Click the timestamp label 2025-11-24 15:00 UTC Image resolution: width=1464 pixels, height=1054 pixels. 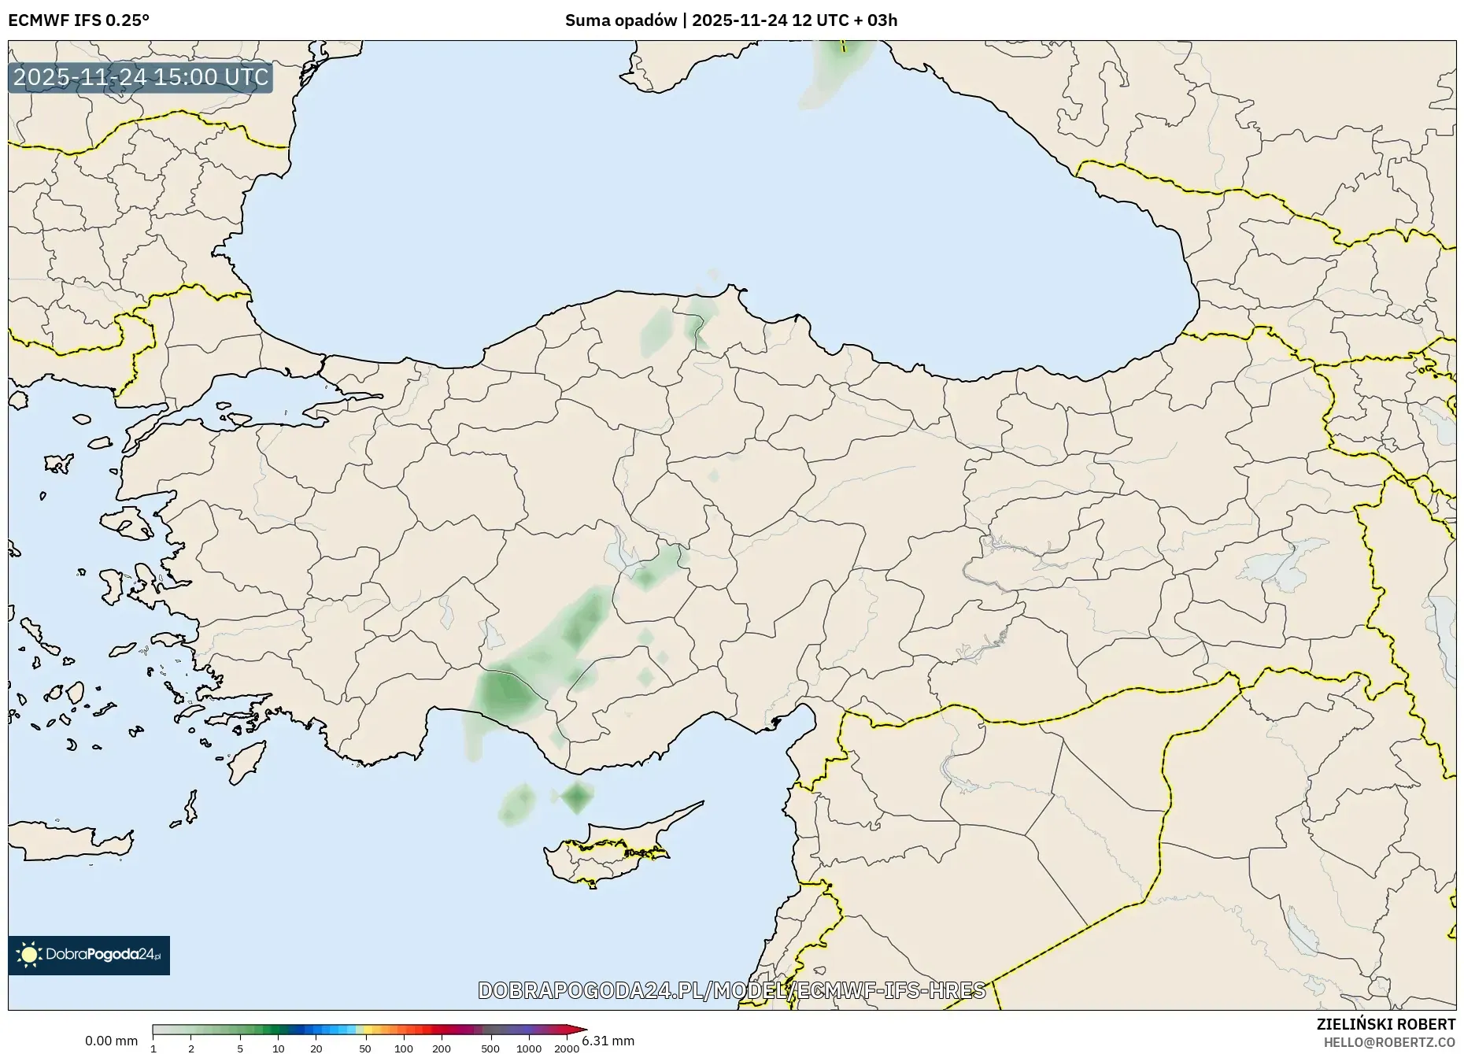pyautogui.click(x=141, y=77)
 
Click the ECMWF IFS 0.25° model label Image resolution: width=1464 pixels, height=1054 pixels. pyautogui.click(x=79, y=20)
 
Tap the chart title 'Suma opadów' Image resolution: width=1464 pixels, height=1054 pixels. pyautogui.click(x=620, y=20)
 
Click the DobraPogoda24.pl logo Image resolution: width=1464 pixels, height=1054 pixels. pyautogui.click(x=89, y=955)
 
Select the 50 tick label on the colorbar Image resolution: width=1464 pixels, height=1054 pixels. pyautogui.click(x=364, y=1048)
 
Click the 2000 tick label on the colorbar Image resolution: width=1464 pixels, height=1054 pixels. pyautogui.click(x=567, y=1048)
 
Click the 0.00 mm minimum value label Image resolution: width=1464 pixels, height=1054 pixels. pyautogui.click(x=111, y=1041)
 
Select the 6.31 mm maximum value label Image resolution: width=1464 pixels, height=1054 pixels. pyautogui.click(x=608, y=1041)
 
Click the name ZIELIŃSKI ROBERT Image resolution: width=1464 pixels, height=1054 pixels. pyautogui.click(x=1385, y=1024)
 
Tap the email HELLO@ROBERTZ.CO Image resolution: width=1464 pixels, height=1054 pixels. pyautogui.click(x=1388, y=1042)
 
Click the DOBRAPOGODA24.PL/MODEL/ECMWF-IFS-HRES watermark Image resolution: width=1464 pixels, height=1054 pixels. pyautogui.click(x=731, y=989)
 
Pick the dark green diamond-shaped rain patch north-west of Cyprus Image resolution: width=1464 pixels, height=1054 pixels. pyautogui.click(x=578, y=797)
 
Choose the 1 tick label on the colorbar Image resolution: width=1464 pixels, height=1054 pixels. pyautogui.click(x=153, y=1048)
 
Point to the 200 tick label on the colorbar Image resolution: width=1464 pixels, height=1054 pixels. pyautogui.click(x=442, y=1048)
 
